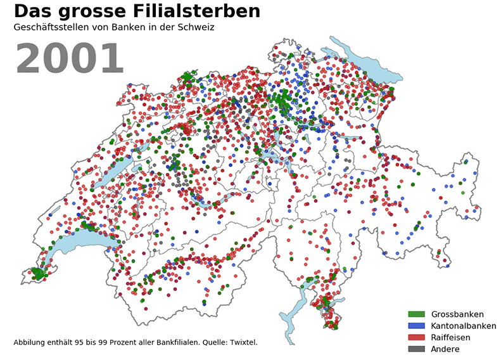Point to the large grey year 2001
(x=69, y=59)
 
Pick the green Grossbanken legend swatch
(x=416, y=314)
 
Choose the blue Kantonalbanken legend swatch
(x=416, y=326)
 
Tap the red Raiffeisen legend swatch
(x=416, y=337)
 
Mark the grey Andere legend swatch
(x=416, y=349)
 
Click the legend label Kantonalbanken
(x=464, y=326)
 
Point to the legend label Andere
(x=445, y=349)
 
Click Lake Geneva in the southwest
(x=73, y=244)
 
